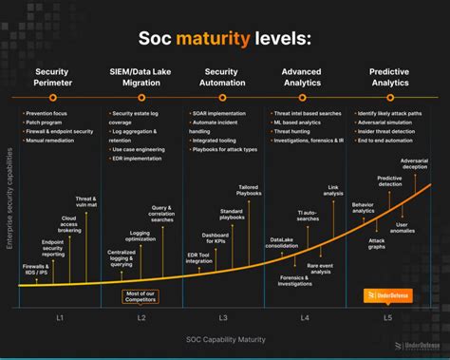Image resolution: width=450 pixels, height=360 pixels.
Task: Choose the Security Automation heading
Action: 221,77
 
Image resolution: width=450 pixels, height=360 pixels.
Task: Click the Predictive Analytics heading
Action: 388,77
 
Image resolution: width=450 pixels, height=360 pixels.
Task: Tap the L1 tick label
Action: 58,315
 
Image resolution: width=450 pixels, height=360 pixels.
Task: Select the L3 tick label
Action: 222,315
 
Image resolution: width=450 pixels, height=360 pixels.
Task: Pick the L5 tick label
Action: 386,315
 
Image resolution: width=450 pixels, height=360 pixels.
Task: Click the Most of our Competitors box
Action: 141,295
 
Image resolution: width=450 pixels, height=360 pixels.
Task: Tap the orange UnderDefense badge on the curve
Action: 387,295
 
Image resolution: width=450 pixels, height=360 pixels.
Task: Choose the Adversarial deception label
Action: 414,164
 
